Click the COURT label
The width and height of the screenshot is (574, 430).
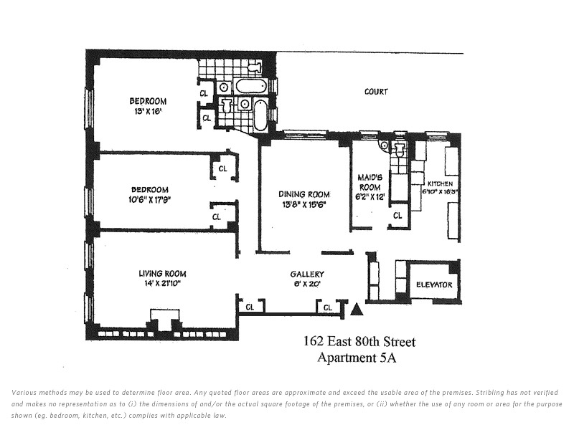pyautogui.click(x=376, y=92)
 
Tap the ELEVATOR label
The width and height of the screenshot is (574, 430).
pyautogui.click(x=434, y=285)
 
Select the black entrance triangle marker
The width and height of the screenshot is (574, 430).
pyautogui.click(x=357, y=310)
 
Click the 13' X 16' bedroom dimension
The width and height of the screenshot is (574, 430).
pyautogui.click(x=148, y=111)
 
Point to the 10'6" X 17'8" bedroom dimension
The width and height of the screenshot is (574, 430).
pyautogui.click(x=150, y=200)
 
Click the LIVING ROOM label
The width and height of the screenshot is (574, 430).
pyautogui.click(x=162, y=274)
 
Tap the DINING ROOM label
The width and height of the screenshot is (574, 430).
pyautogui.click(x=304, y=194)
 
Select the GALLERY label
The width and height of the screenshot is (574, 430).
pyautogui.click(x=307, y=274)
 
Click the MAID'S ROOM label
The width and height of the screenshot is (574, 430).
pyautogui.click(x=370, y=182)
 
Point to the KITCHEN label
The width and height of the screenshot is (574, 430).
pyautogui.click(x=440, y=183)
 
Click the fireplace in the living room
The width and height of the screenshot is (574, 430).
pyautogui.click(x=165, y=319)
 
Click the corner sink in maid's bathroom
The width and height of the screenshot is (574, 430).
pyautogui.click(x=383, y=145)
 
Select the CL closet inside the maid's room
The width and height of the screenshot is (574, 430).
pyautogui.click(x=397, y=216)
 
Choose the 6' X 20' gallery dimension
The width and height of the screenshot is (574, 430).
pyautogui.click(x=307, y=284)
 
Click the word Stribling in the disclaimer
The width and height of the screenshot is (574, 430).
pyautogui.click(x=491, y=393)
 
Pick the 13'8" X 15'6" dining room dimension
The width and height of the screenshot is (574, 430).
pyautogui.click(x=304, y=204)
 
